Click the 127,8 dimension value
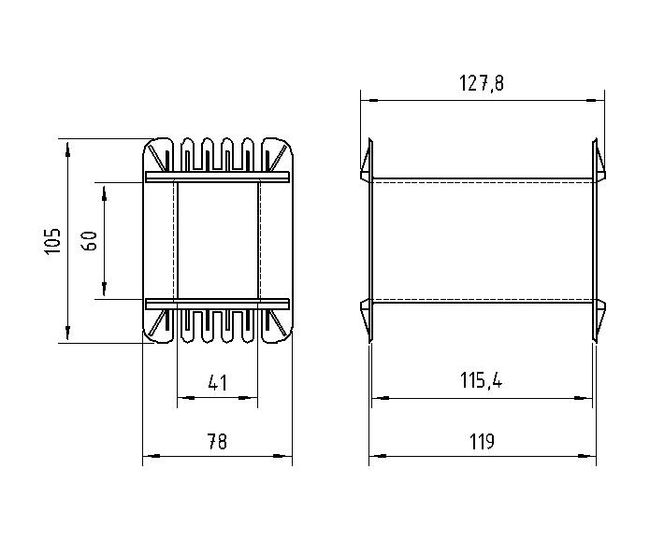point(482,83)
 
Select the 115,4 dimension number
point(481,380)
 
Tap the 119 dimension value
point(482,442)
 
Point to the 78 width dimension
point(217,442)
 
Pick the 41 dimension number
point(218,383)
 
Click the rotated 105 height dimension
point(52,241)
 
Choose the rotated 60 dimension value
point(90,241)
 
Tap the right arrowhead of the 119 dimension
point(587,456)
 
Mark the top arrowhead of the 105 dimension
point(67,149)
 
